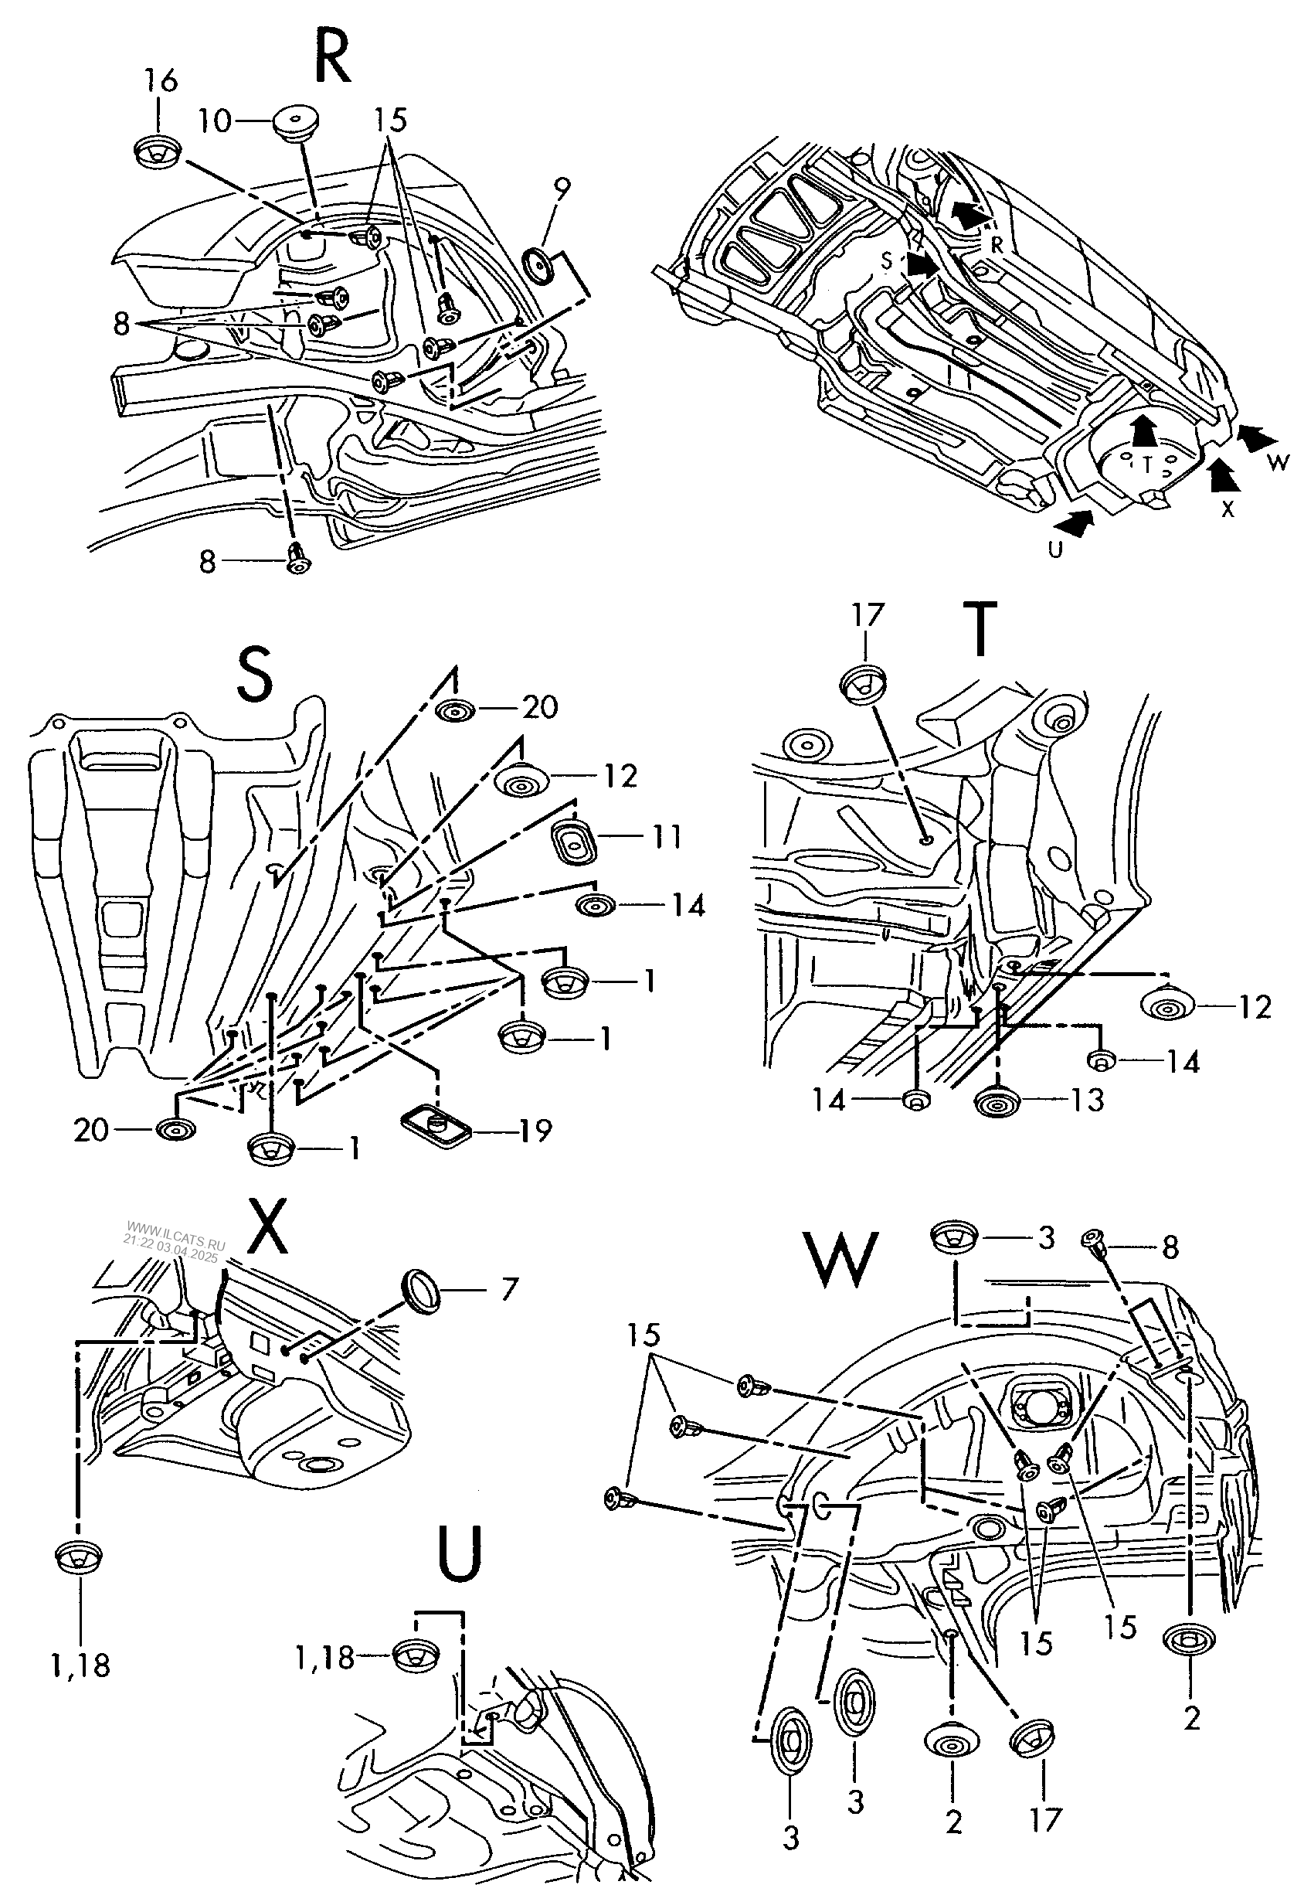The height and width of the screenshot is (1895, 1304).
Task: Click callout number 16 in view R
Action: (x=160, y=81)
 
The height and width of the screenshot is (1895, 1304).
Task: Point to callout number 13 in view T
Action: (x=1088, y=1100)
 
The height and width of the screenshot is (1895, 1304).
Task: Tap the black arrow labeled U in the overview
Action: (x=1075, y=523)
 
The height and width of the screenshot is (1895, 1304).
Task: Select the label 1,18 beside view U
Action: (x=324, y=1658)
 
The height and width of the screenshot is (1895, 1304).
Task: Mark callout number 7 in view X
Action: (x=509, y=1290)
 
